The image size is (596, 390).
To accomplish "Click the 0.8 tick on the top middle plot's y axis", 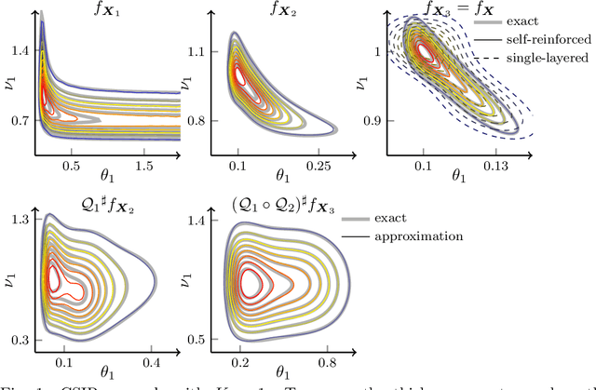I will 196,122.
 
